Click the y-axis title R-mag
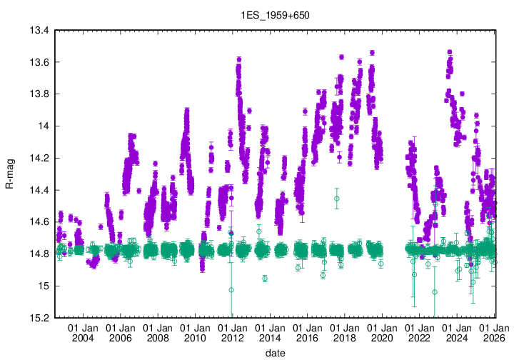point(9,174)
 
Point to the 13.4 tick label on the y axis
point(39,31)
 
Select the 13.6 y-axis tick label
point(39,62)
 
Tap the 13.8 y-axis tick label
point(39,94)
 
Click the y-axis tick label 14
point(44,126)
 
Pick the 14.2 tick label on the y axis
point(39,158)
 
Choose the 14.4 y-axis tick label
point(39,190)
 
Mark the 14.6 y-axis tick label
point(39,222)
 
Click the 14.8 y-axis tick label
point(39,254)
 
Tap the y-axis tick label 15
point(44,286)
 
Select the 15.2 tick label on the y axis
point(39,318)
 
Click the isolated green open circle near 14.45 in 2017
point(336,198)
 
